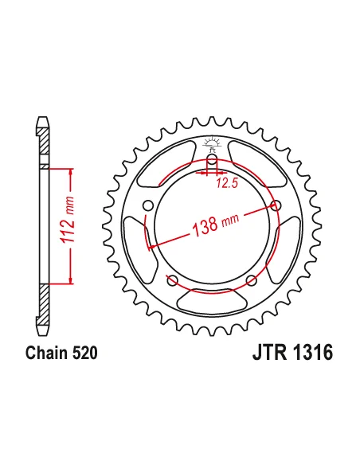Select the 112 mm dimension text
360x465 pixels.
tap(71, 225)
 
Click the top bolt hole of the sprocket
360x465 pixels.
tap(213, 160)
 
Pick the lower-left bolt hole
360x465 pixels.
tap(173, 279)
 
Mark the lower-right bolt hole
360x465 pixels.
tap(252, 279)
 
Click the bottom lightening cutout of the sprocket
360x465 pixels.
tap(212, 300)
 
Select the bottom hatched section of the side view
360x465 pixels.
tap(44, 307)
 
